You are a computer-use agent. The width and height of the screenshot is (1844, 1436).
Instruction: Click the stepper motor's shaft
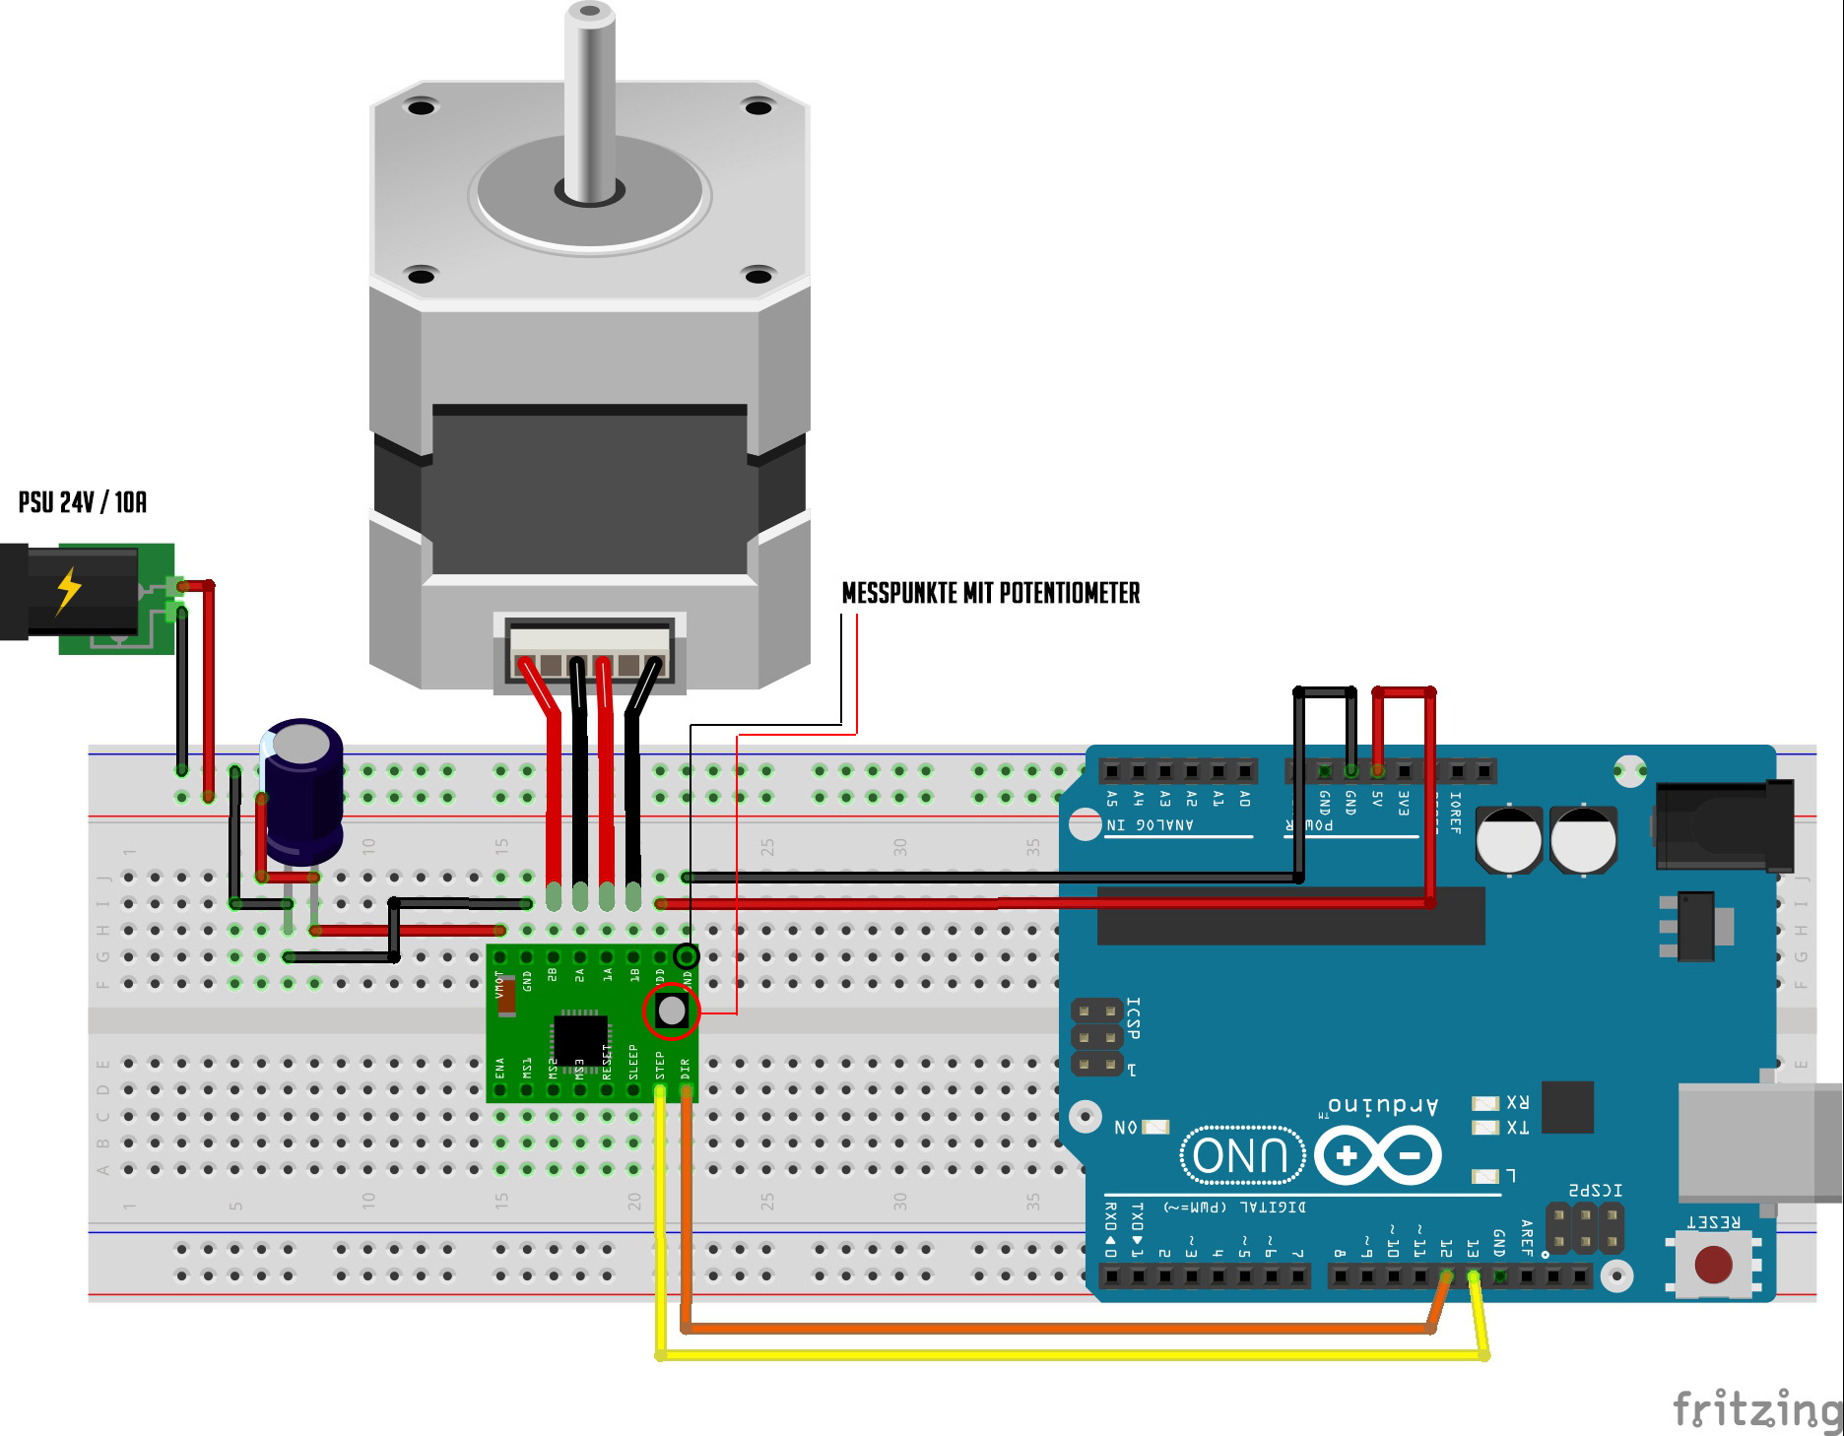pyautogui.click(x=589, y=98)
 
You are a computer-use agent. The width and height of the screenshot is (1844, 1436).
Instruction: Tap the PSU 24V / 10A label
pyautogui.click(x=83, y=502)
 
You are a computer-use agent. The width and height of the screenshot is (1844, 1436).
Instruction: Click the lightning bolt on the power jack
pyautogui.click(x=68, y=590)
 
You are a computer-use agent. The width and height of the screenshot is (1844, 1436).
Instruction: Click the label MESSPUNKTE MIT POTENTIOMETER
pyautogui.click(x=990, y=593)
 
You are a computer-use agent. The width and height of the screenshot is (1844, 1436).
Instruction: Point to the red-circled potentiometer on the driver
pyautogui.click(x=672, y=1010)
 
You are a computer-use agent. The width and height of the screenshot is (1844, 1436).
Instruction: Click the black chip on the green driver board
pyautogui.click(x=579, y=1036)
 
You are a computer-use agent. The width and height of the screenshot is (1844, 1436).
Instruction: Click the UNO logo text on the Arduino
pyautogui.click(x=1241, y=1155)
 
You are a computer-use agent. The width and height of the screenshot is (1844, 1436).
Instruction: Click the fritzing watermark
pyautogui.click(x=1756, y=1408)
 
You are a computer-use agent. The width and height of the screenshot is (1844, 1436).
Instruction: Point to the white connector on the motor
pyautogui.click(x=589, y=651)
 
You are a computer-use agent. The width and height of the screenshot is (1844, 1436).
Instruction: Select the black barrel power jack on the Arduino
pyautogui.click(x=1724, y=825)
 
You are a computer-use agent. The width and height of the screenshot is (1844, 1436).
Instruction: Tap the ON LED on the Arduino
pyautogui.click(x=1155, y=1127)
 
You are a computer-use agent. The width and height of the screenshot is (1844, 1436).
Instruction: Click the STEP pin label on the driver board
pyautogui.click(x=660, y=1065)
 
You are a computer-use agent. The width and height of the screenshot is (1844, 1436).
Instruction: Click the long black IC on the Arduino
pyautogui.click(x=1290, y=916)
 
